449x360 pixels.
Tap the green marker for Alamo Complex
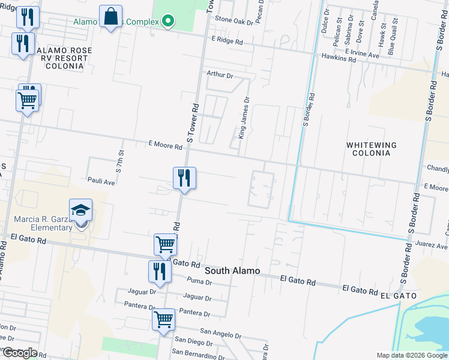168,22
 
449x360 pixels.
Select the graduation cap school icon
81,211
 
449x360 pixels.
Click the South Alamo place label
232,271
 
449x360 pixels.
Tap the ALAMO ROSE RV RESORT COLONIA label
62,58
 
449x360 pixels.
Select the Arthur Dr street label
219,75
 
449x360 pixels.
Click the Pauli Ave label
101,180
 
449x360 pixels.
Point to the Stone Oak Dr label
234,22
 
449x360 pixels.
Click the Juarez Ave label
433,246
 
